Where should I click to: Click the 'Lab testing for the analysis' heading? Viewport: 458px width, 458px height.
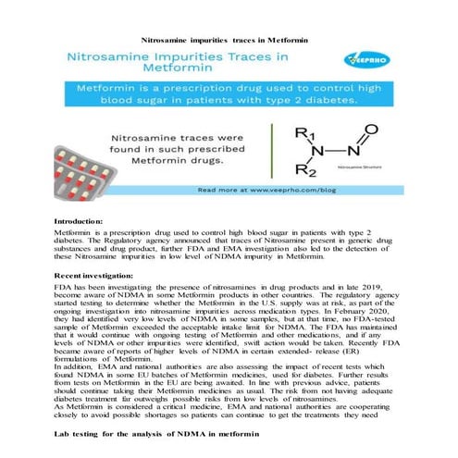click(153, 432)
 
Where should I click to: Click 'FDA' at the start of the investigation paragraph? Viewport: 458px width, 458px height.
click(64, 291)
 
